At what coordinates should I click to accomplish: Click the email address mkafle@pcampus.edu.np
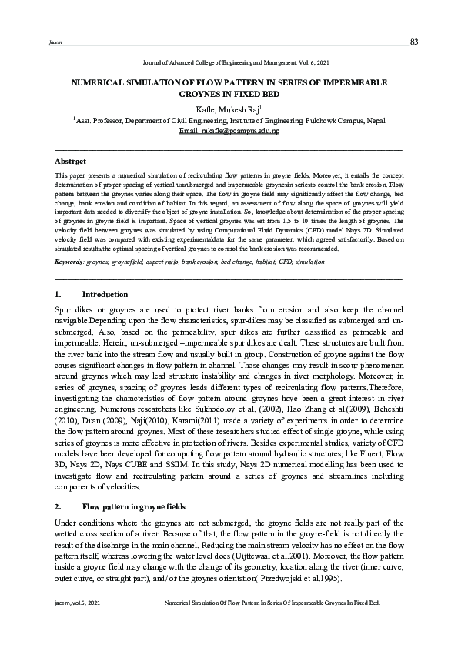[x=229, y=132]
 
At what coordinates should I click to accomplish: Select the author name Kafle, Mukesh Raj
[x=229, y=110]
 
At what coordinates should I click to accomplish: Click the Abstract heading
[x=70, y=162]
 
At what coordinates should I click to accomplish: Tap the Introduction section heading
[x=105, y=295]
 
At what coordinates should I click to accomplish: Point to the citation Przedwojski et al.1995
[x=297, y=578]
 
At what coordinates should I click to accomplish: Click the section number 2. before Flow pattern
[x=59, y=507]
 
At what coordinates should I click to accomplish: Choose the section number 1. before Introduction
[x=59, y=295]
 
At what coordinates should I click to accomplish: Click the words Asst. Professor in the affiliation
[x=100, y=121]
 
